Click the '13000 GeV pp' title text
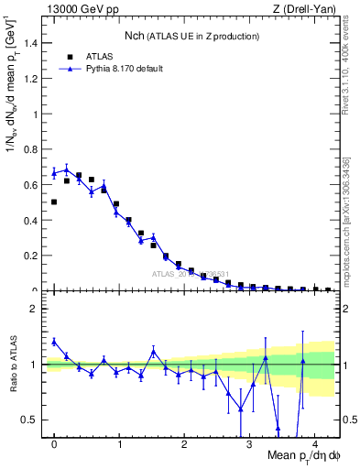(x=77, y=8)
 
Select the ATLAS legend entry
(x=98, y=55)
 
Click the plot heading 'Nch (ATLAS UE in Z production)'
(x=192, y=36)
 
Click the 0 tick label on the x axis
(x=54, y=446)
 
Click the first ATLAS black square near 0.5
(x=54, y=202)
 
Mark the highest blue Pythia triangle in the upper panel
(x=66, y=169)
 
